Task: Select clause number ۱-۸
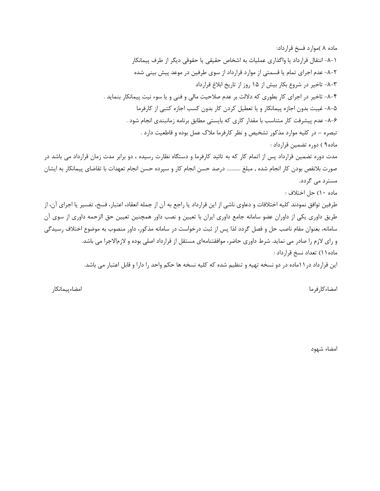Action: point(331,59)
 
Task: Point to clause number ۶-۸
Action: point(331,120)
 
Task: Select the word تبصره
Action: point(328,133)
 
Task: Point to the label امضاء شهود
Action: point(324,348)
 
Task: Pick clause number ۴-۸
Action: point(331,96)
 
